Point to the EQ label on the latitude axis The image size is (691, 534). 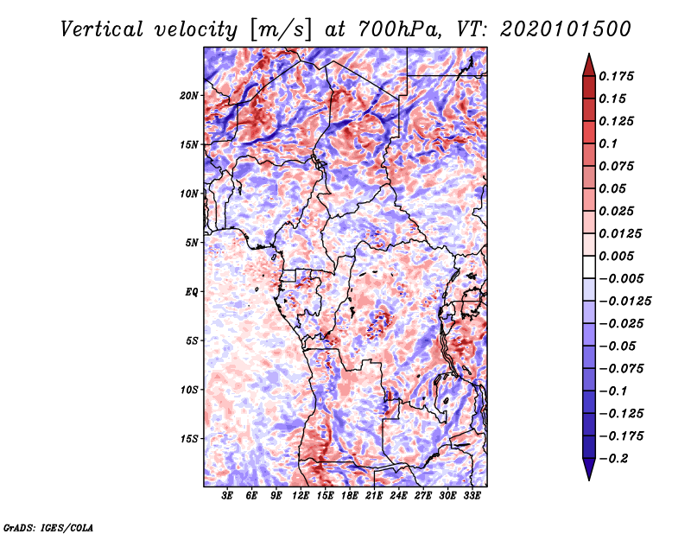(192, 292)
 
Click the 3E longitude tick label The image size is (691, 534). (228, 497)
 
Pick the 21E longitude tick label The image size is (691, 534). (375, 497)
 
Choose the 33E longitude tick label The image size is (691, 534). (472, 497)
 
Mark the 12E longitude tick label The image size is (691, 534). (301, 497)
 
